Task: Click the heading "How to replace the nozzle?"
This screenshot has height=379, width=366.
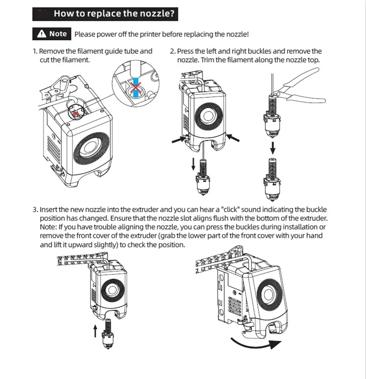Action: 114,13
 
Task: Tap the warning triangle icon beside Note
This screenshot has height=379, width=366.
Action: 42,34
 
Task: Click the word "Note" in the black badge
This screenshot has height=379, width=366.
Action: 58,34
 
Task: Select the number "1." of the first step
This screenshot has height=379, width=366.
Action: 35,51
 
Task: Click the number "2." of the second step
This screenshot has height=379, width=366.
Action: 173,51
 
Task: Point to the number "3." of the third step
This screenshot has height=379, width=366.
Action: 35,209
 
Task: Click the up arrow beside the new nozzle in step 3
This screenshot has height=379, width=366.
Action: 95,332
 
